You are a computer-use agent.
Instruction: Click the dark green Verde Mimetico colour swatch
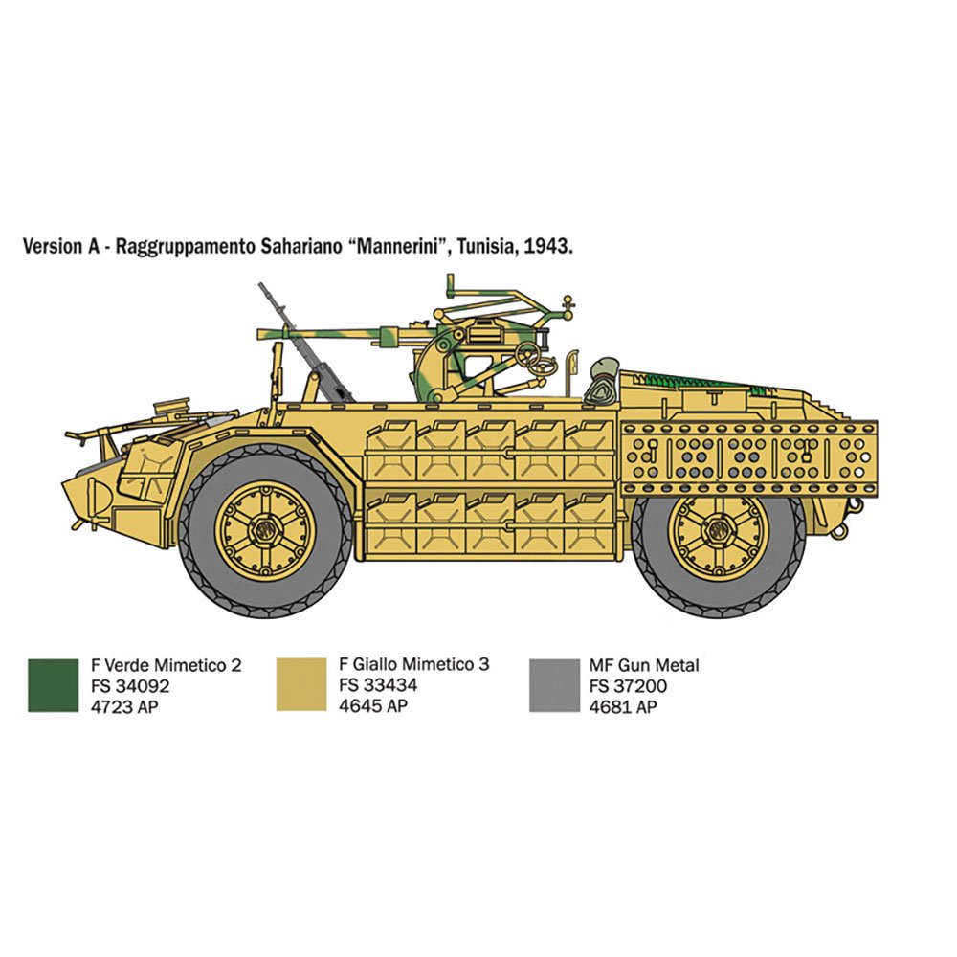coord(53,685)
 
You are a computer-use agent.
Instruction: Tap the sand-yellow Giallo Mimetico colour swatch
coord(301,684)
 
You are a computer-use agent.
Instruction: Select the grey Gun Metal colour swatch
coord(554,685)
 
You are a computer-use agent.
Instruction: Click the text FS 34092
coord(130,686)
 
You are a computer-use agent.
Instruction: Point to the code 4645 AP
coord(373,705)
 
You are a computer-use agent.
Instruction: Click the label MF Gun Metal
coord(644,665)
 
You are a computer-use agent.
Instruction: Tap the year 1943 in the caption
coord(548,246)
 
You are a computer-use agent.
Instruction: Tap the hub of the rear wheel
coord(718,530)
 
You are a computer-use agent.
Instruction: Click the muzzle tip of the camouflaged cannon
coord(259,334)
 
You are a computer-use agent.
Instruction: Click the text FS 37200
coord(628,686)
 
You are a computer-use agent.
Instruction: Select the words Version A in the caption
coord(60,246)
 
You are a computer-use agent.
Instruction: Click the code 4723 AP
coord(123,707)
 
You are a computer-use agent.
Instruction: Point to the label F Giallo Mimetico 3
coord(413,664)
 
